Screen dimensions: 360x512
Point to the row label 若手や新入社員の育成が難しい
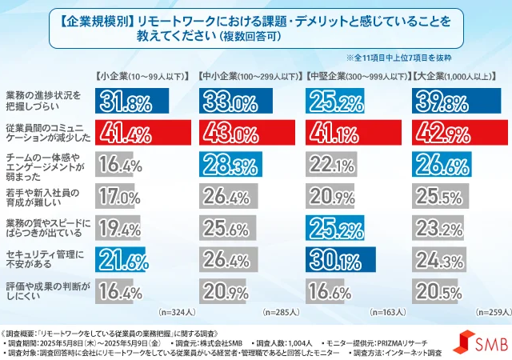[46, 195]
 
